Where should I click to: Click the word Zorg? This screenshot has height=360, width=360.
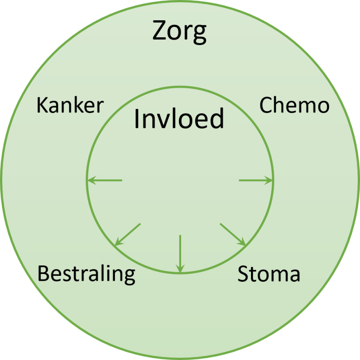point(179,31)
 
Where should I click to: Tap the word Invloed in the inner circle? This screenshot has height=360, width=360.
point(179,119)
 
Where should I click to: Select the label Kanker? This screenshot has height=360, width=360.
point(70,106)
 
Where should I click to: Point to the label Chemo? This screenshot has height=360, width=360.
point(294,106)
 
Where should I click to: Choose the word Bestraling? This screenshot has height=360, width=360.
point(86,274)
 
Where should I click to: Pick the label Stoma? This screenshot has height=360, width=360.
point(269,274)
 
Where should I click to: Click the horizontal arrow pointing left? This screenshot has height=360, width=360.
point(105,181)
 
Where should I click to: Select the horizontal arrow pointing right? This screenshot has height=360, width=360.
point(255,181)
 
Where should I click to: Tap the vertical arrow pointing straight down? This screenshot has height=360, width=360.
point(180,253)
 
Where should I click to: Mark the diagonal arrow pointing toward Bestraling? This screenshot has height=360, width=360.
point(128,234)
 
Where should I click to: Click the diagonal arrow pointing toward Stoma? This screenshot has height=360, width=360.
point(232,234)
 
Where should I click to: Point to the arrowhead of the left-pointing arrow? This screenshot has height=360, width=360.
point(89,181)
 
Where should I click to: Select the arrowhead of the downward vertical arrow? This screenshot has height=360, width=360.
point(180,270)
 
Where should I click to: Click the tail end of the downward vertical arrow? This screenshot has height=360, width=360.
point(180,236)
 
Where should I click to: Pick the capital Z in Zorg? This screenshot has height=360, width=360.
point(160,31)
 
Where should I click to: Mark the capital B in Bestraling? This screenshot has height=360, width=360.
point(43,274)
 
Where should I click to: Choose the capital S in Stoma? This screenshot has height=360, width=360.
point(243,274)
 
